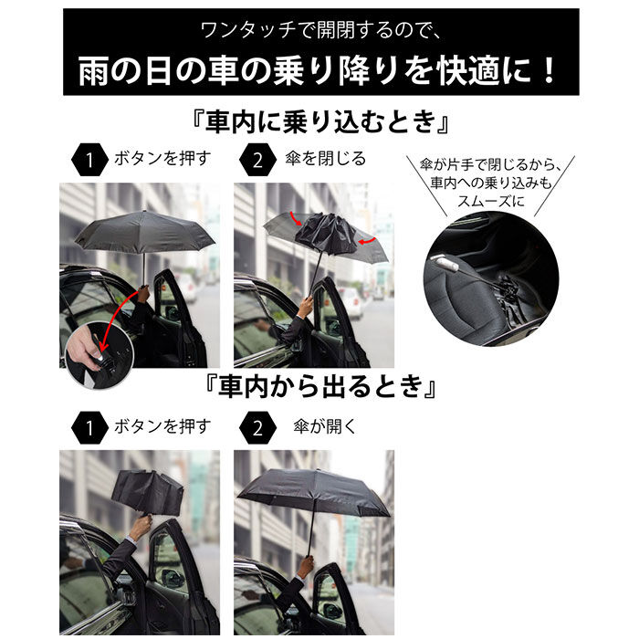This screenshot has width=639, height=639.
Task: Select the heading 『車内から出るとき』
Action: coord(319,387)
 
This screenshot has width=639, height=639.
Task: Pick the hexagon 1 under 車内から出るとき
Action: coord(89,426)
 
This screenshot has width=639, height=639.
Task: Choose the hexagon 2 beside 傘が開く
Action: coord(257,426)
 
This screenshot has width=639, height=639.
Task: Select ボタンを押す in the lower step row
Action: coord(162,425)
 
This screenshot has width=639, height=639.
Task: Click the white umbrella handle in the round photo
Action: coord(450,265)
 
